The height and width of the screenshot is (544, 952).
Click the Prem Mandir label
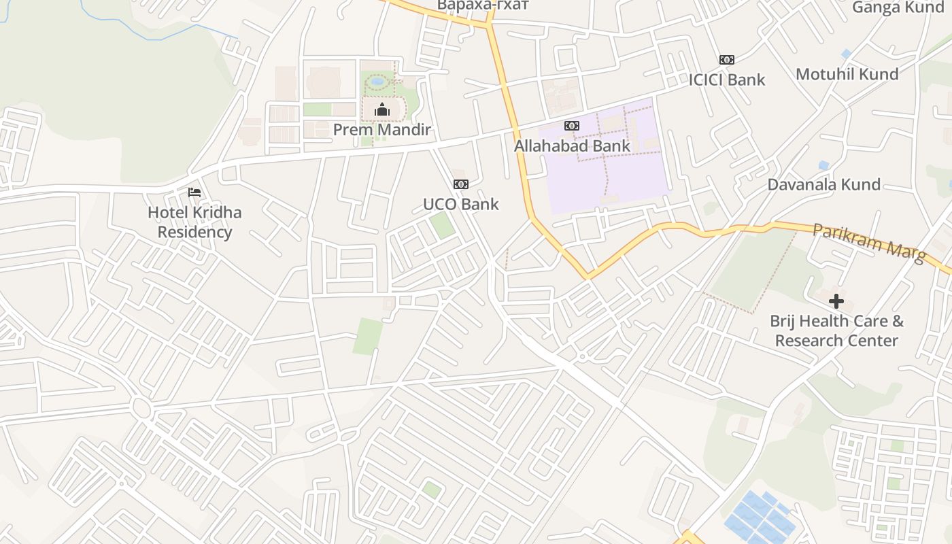(x=382, y=129)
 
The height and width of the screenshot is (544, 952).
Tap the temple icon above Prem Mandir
(x=382, y=110)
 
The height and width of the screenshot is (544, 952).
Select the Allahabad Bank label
(x=572, y=146)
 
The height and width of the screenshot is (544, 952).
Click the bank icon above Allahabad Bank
(x=572, y=126)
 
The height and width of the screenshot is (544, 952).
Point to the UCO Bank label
(x=461, y=204)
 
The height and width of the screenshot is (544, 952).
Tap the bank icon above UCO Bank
(x=461, y=184)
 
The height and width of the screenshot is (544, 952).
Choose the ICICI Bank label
(x=727, y=80)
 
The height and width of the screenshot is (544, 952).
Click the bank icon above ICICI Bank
(x=727, y=60)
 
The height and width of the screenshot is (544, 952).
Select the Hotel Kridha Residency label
(x=194, y=222)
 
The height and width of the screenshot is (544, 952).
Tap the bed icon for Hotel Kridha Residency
(x=194, y=192)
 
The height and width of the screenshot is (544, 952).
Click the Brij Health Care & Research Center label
(x=836, y=330)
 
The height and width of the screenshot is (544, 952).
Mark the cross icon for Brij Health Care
(x=836, y=301)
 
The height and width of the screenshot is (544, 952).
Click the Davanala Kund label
(x=823, y=184)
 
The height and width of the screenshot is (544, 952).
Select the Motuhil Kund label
(x=847, y=74)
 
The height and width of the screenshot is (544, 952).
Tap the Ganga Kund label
(x=898, y=7)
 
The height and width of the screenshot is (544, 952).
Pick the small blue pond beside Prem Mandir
(x=377, y=82)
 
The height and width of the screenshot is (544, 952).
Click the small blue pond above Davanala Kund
(x=824, y=165)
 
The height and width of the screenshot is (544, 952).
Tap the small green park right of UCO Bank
(x=443, y=225)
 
